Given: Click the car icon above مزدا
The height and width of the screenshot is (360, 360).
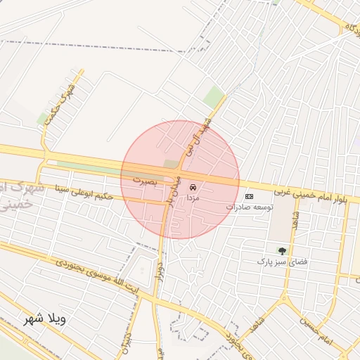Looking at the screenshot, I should (x=193, y=188).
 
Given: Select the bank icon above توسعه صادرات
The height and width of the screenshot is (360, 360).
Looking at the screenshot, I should (x=249, y=196).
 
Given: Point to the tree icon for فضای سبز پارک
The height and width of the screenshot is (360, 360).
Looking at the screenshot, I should (x=282, y=250).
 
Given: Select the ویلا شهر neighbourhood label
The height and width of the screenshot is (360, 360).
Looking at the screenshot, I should (x=44, y=319).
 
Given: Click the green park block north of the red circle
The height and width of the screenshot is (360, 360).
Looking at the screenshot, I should (x=214, y=97).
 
